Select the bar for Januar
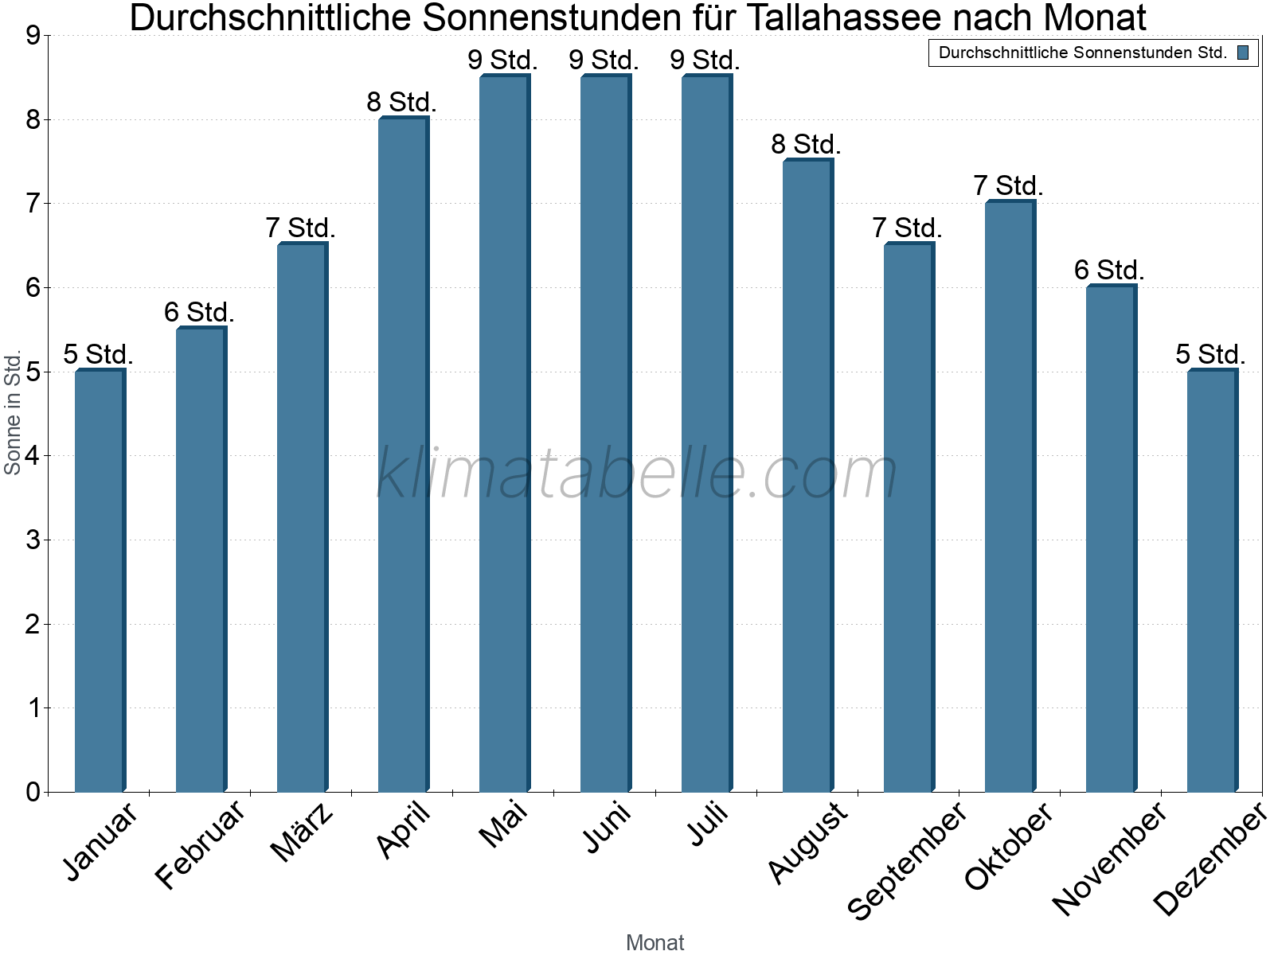point(100,581)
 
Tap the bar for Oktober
point(1010,497)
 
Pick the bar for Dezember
point(1212,581)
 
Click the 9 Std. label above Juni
point(604,60)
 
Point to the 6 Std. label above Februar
point(199,312)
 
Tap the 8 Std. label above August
point(806,144)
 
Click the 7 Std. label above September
point(907,228)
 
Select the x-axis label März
point(301,832)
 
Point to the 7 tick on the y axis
point(33,204)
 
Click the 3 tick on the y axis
point(33,540)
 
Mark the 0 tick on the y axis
point(33,792)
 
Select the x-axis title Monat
point(655,942)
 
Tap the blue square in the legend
point(1243,53)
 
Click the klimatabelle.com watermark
point(637,474)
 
